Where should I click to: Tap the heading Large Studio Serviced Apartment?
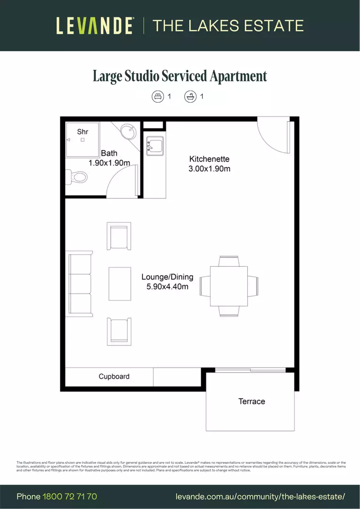pyautogui.click(x=180, y=76)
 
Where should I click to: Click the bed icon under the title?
pyautogui.click(x=157, y=97)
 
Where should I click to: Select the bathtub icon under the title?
pyautogui.click(x=190, y=97)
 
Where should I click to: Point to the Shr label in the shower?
pyautogui.click(x=82, y=131)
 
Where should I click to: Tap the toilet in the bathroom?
pyautogui.click(x=78, y=177)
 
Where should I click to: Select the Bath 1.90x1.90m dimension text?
pyautogui.click(x=109, y=158)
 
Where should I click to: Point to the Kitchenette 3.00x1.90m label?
pyautogui.click(x=209, y=164)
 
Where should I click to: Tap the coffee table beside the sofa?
pyautogui.click(x=120, y=283)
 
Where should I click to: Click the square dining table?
pyautogui.click(x=229, y=286)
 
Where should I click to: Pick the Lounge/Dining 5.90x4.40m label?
pyautogui.click(x=167, y=282)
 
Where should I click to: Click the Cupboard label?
pyautogui.click(x=114, y=377)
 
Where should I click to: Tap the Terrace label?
pyautogui.click(x=252, y=402)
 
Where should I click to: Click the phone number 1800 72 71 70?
pyautogui.click(x=70, y=496)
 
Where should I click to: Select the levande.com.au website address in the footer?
pyautogui.click(x=260, y=497)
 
